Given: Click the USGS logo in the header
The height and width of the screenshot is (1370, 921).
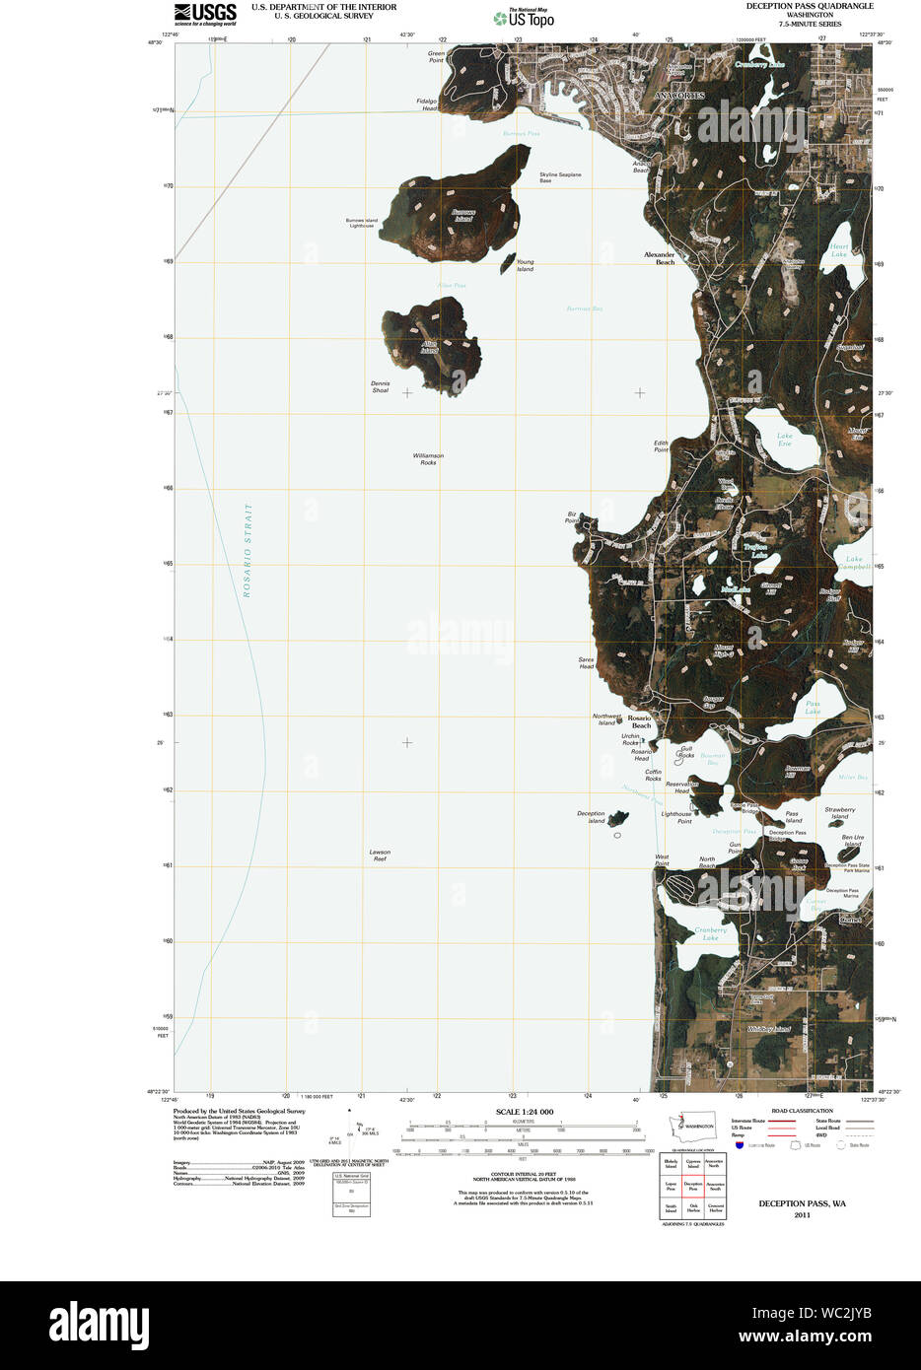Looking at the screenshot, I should point(205,13).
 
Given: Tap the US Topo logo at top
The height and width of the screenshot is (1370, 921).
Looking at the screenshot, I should point(524,17).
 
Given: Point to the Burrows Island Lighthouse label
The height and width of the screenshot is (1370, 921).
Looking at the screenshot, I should point(361,223).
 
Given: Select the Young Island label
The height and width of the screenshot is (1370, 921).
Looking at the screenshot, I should point(525,266).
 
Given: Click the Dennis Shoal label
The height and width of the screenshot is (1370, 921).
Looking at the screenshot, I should point(380,386).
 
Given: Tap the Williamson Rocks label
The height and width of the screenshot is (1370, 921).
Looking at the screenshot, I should point(428,459).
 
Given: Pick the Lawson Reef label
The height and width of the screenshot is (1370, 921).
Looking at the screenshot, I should point(380,856).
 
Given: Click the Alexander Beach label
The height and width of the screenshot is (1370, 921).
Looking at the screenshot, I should point(660,258).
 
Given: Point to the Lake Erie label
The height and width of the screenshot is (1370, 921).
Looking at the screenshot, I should point(784,440).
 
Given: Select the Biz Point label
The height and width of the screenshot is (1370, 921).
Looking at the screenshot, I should point(571,516).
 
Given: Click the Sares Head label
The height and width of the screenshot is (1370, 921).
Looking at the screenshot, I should point(586,663).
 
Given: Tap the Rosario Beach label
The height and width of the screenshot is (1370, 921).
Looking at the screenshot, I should point(640,721).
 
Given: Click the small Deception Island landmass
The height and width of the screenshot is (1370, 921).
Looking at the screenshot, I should point(618,818).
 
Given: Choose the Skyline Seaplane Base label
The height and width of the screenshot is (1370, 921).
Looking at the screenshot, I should point(559,177).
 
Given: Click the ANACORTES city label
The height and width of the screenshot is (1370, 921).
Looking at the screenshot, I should point(679,95).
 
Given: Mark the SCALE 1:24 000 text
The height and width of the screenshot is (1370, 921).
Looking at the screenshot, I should point(524,1112).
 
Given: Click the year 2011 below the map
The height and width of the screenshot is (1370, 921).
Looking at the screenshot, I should point(801,1215).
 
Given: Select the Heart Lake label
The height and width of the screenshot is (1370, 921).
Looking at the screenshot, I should point(838,250).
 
